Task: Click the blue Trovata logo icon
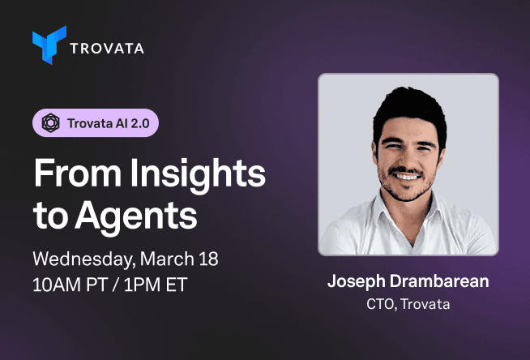[x=49, y=47]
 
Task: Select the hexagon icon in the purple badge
[x=50, y=123]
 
